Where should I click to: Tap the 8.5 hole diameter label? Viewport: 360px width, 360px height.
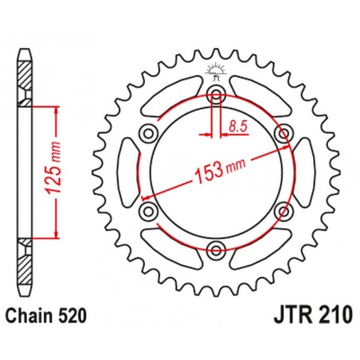(x=237, y=124)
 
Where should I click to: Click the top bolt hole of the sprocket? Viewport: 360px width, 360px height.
(x=215, y=96)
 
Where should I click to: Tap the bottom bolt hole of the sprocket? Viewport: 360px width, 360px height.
(x=215, y=251)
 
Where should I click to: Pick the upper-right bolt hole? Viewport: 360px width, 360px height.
(x=282, y=133)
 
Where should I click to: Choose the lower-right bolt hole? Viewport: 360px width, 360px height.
(x=282, y=212)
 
